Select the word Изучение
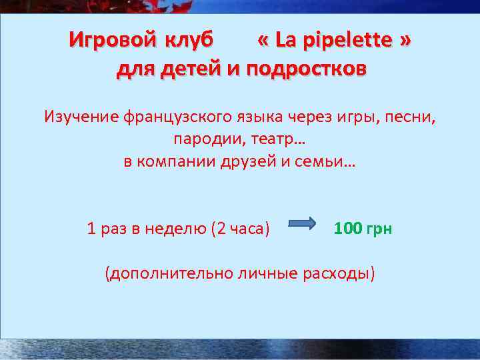coord(81,117)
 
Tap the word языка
coord(260,117)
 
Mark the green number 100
coord(347,229)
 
